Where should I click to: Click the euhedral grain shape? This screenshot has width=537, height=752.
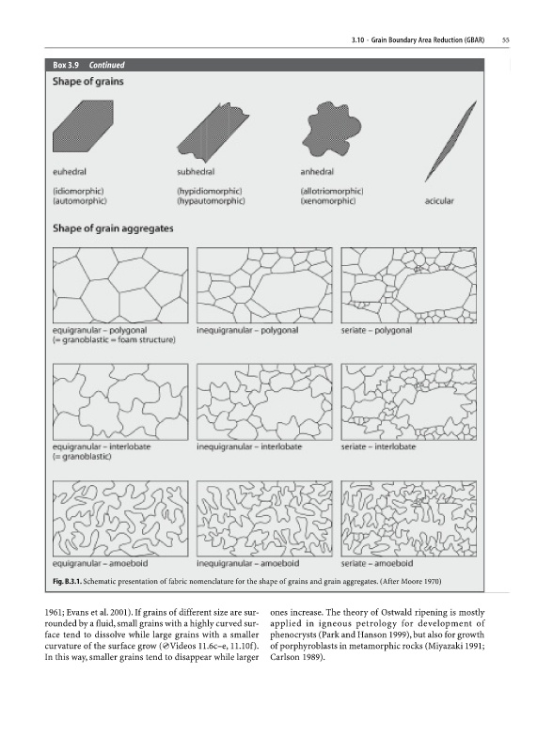pos(83,126)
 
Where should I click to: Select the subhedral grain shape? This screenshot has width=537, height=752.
pos(213,131)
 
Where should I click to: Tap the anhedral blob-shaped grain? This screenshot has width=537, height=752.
pos(331,129)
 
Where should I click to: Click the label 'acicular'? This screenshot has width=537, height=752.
pos(439,201)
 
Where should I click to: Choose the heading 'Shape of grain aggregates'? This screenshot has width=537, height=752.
pos(113,228)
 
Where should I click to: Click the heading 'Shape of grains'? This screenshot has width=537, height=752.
pos(87,82)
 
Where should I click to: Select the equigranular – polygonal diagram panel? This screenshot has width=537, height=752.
pos(120,286)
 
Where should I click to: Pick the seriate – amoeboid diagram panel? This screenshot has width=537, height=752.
pos(409,519)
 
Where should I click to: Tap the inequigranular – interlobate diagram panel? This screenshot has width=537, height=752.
pos(264,402)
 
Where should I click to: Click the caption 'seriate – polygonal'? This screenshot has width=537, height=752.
pos(376,331)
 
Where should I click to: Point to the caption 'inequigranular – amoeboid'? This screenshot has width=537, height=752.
pos(247,563)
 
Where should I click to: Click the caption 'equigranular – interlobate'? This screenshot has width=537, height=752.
pos(102,446)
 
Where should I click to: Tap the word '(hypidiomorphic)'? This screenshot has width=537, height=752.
pos(209,192)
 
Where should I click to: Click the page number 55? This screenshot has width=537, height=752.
pos(505,40)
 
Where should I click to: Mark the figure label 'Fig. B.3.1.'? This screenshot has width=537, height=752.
pos(67,582)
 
